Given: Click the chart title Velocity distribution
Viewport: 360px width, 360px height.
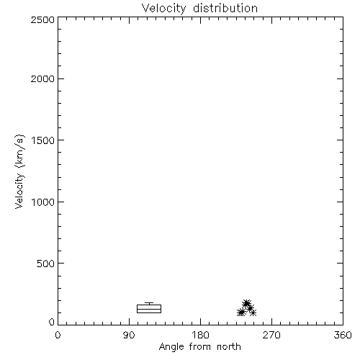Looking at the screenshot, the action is pyautogui.click(x=199, y=9).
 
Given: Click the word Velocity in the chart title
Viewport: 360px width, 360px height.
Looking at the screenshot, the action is pyautogui.click(x=163, y=9).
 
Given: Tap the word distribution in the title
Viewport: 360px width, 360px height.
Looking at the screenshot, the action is pyautogui.click(x=225, y=8).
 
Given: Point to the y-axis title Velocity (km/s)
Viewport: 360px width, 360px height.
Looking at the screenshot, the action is pyautogui.click(x=19, y=171).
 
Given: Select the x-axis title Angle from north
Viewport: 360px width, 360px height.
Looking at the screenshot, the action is pyautogui.click(x=200, y=347).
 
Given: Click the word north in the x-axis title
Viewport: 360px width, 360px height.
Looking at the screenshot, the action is pyautogui.click(x=229, y=346).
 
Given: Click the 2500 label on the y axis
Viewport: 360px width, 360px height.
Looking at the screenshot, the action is pyautogui.click(x=42, y=19).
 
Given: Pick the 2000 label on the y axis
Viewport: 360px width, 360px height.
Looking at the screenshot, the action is pyautogui.click(x=42, y=78).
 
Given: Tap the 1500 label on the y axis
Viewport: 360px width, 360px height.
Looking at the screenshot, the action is pyautogui.click(x=43, y=140).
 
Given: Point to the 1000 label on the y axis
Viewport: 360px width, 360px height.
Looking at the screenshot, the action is pyautogui.click(x=43, y=202).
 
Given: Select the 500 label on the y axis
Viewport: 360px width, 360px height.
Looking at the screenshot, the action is pyautogui.click(x=46, y=264).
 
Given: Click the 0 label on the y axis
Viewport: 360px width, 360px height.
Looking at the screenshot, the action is pyautogui.click(x=52, y=322).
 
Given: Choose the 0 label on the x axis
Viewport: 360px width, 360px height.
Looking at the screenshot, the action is pyautogui.click(x=58, y=335).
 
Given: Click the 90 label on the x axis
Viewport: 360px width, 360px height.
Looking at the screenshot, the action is pyautogui.click(x=129, y=335).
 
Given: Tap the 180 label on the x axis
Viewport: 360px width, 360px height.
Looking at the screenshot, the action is pyautogui.click(x=200, y=335).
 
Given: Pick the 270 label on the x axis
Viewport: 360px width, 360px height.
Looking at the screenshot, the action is pyautogui.click(x=271, y=335).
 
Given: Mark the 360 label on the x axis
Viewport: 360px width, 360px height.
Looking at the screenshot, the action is pyautogui.click(x=343, y=335).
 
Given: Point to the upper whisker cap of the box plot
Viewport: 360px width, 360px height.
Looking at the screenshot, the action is pyautogui.click(x=149, y=302).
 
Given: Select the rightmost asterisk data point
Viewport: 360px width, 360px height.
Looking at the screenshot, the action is pyautogui.click(x=253, y=312).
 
